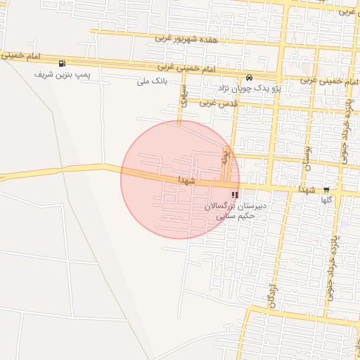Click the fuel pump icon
(x=63, y=63)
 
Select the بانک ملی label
(x=153, y=81)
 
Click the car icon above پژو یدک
(x=250, y=78)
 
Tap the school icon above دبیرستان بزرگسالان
(x=234, y=195)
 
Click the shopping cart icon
(x=326, y=190)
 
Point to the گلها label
(x=326, y=200)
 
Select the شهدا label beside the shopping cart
(x=307, y=190)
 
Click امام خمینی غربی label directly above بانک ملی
(x=174, y=67)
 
